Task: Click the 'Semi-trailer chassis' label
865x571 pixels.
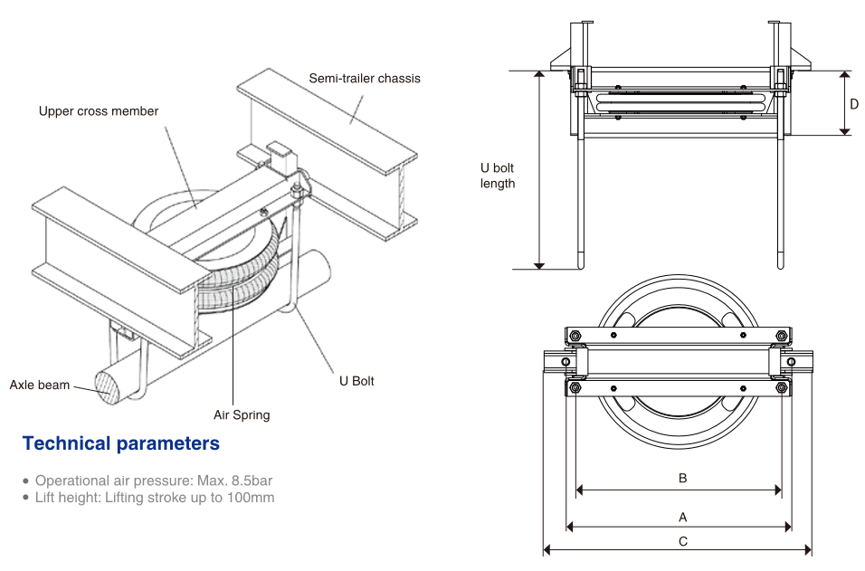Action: click(365, 78)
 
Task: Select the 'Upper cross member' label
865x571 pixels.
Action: click(99, 111)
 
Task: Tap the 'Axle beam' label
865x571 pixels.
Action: click(40, 385)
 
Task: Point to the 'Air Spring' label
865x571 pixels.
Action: click(242, 415)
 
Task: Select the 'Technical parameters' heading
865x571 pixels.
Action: click(121, 443)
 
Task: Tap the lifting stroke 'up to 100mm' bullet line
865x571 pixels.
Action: click(149, 498)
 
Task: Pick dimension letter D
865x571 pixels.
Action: click(853, 103)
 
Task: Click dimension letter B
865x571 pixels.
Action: click(683, 478)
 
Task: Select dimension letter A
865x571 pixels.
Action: click(683, 517)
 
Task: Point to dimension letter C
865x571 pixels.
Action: click(683, 541)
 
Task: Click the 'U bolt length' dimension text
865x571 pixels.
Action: click(497, 176)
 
